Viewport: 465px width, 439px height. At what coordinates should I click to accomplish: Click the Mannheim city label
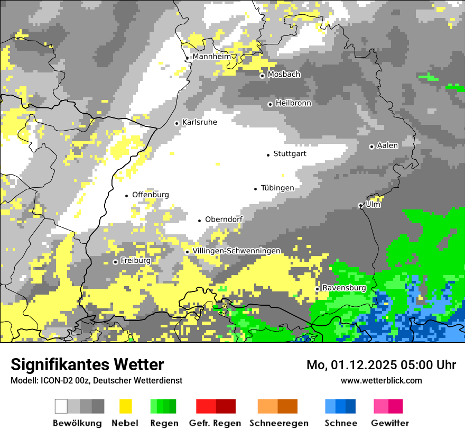[212, 57]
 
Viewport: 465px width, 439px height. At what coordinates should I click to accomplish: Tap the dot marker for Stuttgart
[268, 154]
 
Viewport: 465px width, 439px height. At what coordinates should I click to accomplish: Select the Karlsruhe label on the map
[199, 122]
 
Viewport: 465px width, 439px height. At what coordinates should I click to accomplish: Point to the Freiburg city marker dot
[115, 262]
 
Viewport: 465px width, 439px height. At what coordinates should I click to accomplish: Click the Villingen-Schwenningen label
[237, 251]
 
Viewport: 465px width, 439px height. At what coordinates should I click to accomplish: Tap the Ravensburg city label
[344, 288]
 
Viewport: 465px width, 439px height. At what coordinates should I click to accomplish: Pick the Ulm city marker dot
[360, 205]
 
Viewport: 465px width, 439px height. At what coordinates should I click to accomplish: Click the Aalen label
[387, 145]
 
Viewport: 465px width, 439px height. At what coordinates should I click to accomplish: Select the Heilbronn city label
[293, 103]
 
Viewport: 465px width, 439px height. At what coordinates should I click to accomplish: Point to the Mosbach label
[284, 75]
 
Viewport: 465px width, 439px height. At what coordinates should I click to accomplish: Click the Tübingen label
[277, 188]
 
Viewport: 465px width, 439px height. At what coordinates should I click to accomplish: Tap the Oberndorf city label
[224, 219]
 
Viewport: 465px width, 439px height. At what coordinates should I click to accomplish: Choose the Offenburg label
[151, 195]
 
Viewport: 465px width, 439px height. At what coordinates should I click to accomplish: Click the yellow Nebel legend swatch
[126, 406]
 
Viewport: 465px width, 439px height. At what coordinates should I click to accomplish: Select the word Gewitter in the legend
[390, 423]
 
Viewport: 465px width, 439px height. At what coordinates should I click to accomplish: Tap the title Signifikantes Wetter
[87, 364]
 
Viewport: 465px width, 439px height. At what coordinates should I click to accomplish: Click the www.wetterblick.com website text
[381, 380]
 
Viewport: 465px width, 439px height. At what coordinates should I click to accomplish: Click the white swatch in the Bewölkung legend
[61, 406]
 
